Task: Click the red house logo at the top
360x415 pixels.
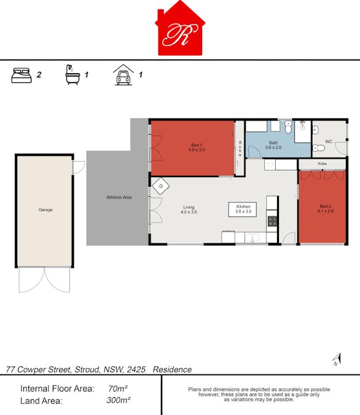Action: (x=180, y=28)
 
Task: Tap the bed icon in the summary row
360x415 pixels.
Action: (x=22, y=76)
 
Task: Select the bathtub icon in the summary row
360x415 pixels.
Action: (x=72, y=74)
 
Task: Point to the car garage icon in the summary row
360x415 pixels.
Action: (x=123, y=75)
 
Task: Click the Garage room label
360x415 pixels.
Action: (x=45, y=210)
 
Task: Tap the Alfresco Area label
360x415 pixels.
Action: (x=119, y=197)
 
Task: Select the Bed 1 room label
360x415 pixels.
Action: (x=197, y=148)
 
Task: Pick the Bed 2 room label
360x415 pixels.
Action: (x=326, y=208)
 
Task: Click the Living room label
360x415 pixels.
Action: (x=189, y=210)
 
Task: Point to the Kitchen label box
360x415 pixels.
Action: (x=243, y=209)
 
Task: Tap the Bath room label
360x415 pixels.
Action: (x=273, y=145)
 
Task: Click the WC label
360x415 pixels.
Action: (x=329, y=141)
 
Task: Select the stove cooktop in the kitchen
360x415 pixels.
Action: (x=272, y=221)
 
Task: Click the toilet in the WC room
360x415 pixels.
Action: (x=319, y=148)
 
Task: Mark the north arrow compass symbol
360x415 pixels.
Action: (x=337, y=360)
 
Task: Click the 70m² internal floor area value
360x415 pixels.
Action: (x=118, y=389)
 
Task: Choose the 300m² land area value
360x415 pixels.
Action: (x=118, y=400)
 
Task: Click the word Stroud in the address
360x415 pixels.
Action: (x=87, y=370)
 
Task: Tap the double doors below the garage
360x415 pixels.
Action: (x=44, y=280)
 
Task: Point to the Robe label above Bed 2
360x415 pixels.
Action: (x=322, y=164)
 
